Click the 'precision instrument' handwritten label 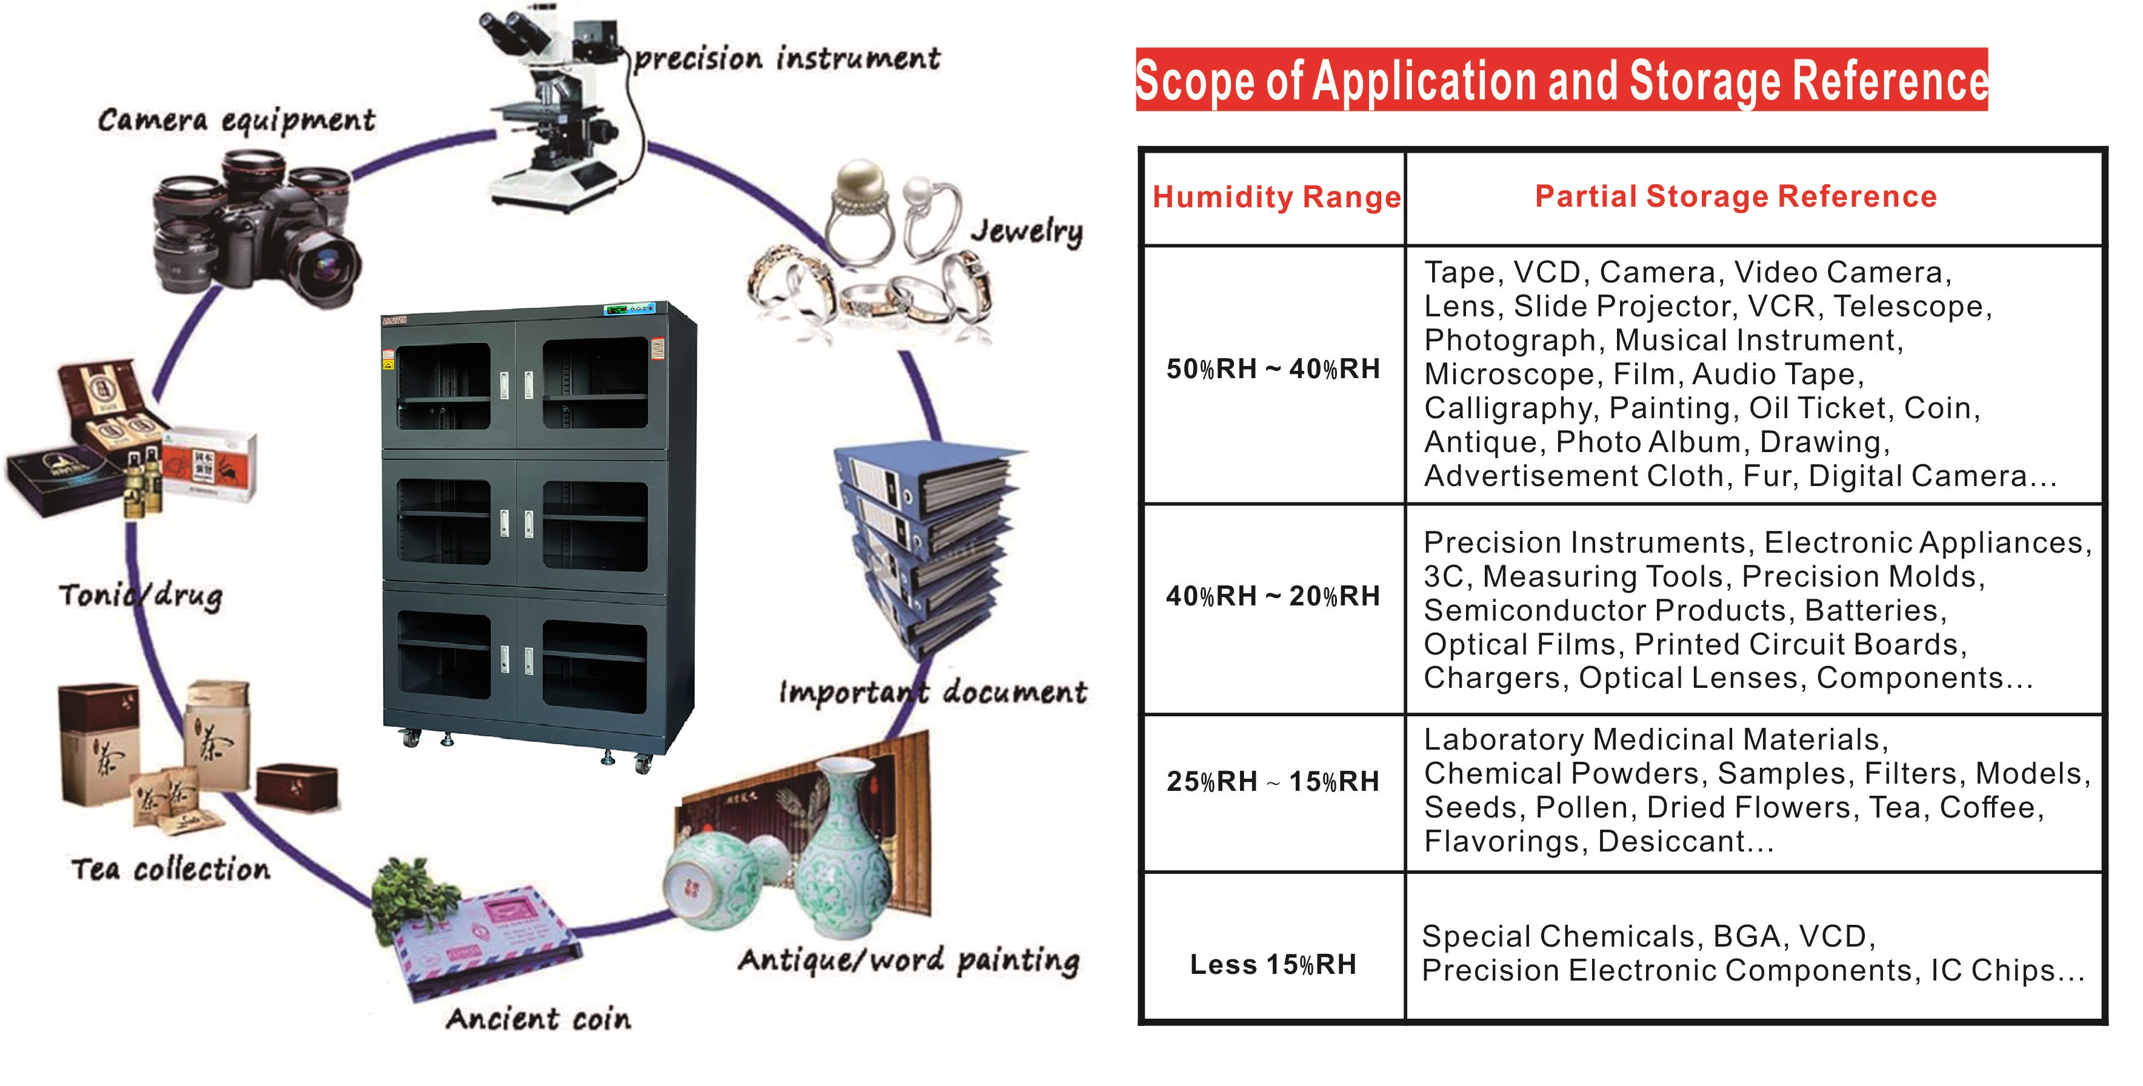coord(787,58)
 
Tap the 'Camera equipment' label coord(236,121)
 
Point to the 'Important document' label coord(933,692)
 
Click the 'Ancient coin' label coord(538,1019)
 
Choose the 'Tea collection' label coord(170,869)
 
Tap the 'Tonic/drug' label coord(141,595)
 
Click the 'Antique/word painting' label coord(908,961)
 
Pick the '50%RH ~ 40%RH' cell coord(1273,368)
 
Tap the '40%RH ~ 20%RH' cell coord(1273,596)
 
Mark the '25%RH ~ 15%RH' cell coord(1273,781)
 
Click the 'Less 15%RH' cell coord(1273,965)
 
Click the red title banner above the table coord(1562,80)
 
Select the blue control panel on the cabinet coord(629,308)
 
